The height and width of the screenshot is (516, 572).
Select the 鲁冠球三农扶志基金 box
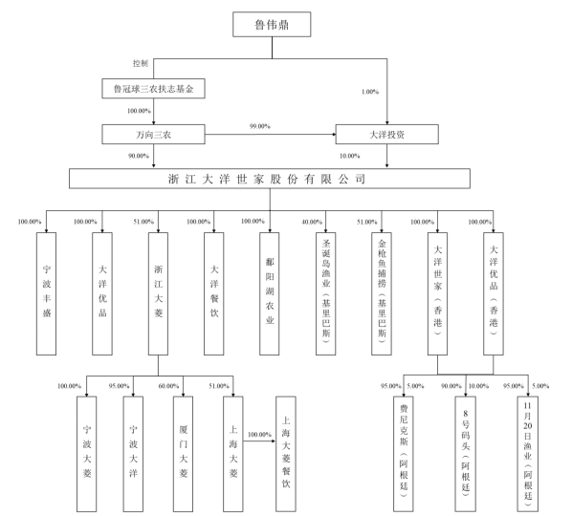pyautogui.click(x=154, y=90)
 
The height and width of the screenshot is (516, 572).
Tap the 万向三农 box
pyautogui.click(x=154, y=133)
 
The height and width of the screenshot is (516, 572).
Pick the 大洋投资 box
pyautogui.click(x=387, y=133)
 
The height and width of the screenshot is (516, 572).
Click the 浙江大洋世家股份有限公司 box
pyautogui.click(x=270, y=178)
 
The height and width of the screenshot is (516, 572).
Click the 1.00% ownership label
pyautogui.click(x=369, y=92)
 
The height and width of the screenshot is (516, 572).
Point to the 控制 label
pyautogui.click(x=141, y=63)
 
